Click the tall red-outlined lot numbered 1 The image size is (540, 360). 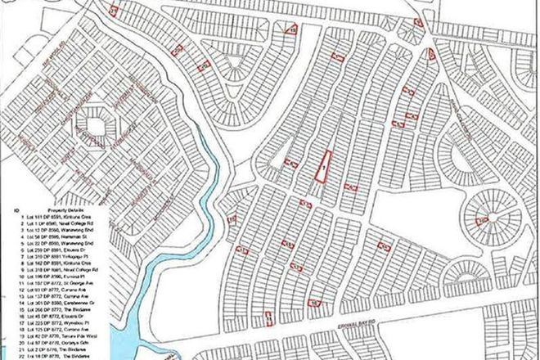pos(323,166)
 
